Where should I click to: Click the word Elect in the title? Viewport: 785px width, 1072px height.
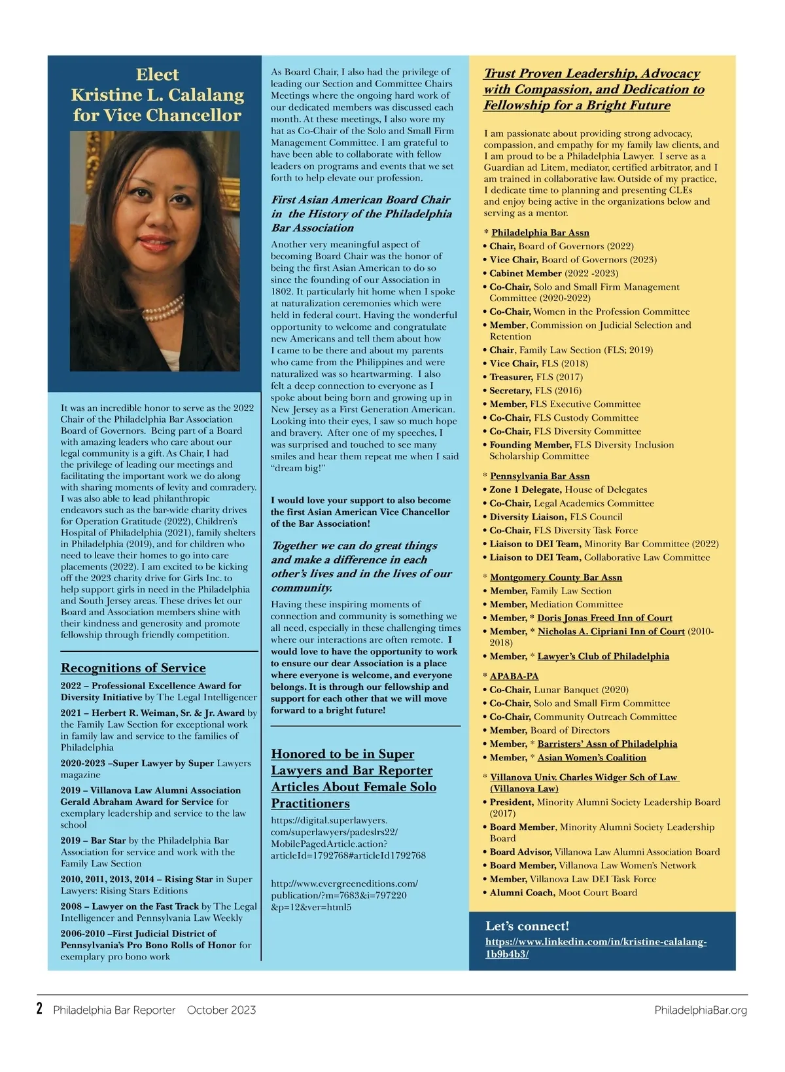pos(157,75)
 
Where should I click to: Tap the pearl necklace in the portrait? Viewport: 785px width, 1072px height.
pos(164,308)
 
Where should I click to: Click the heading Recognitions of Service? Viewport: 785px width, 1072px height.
pos(133,668)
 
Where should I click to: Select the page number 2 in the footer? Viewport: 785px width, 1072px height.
pos(40,1009)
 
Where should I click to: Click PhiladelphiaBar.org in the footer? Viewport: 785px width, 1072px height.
pos(701,1010)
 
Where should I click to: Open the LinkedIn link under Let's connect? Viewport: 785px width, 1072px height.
pos(595,948)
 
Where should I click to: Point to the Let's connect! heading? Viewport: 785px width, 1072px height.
pos(527,926)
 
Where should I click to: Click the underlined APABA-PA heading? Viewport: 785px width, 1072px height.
pos(514,676)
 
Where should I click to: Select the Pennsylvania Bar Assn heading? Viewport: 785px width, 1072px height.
pos(540,476)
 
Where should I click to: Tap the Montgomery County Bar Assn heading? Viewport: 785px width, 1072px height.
pos(556,577)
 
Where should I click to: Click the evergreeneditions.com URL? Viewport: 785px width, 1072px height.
pos(344,895)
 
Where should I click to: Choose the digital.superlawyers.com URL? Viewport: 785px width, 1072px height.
pos(348,838)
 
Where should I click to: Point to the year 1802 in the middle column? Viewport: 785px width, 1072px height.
pos(282,292)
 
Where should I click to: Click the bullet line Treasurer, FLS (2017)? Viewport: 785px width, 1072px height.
pos(536,377)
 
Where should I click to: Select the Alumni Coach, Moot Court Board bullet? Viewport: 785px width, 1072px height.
pos(563,893)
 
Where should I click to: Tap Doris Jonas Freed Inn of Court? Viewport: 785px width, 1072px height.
pos(604,618)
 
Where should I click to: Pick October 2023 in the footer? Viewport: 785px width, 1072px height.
pos(221,1010)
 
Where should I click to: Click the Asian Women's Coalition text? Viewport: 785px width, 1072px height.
pos(591,757)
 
